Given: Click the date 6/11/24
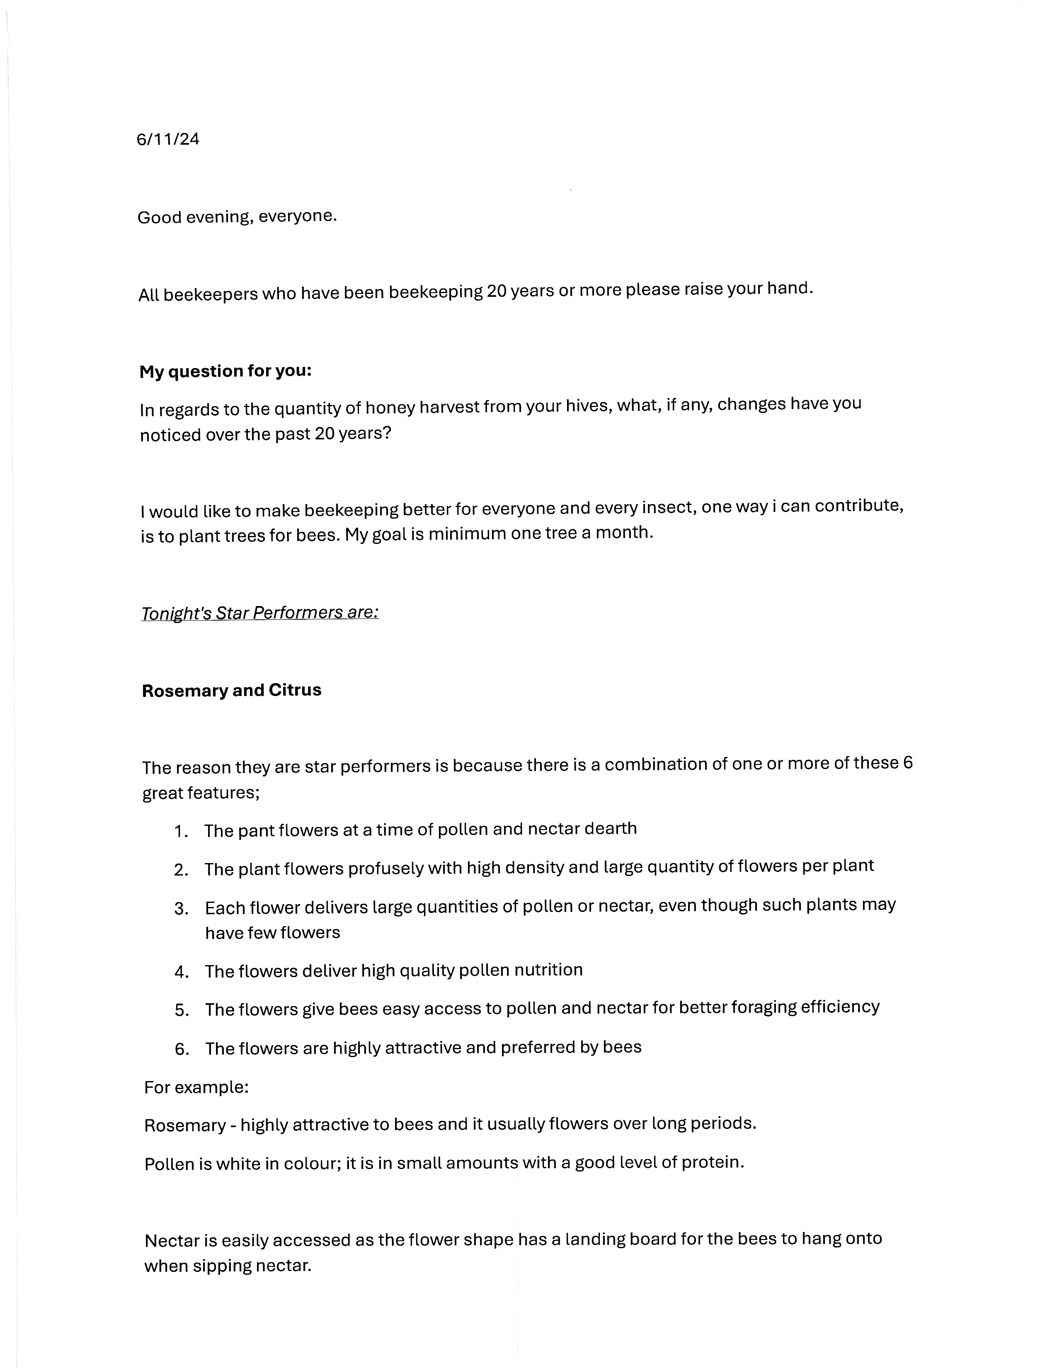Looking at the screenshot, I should (168, 139).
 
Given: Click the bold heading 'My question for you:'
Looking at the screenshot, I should (225, 371).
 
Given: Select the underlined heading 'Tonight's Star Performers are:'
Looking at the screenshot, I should (260, 613).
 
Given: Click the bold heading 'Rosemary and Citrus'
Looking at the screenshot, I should (232, 690).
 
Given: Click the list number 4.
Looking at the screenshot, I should (182, 972).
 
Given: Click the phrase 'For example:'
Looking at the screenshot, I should (196, 1087).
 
